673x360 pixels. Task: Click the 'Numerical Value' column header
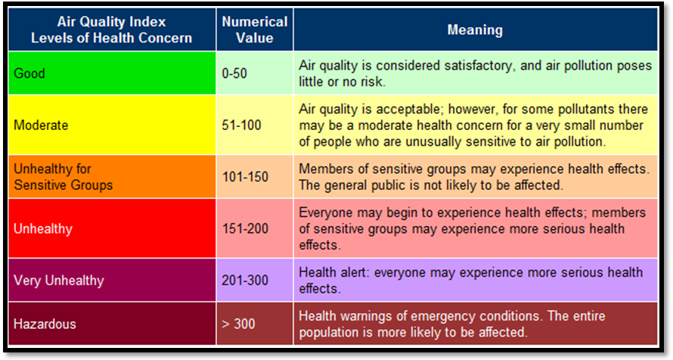pos(255,29)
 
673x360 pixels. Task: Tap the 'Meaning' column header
pos(475,29)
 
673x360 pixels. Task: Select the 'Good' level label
pos(29,73)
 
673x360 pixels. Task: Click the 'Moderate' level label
pos(41,125)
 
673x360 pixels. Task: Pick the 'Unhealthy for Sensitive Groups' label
pos(63,177)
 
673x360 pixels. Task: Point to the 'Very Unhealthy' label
pos(59,280)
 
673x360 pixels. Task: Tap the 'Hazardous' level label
pos(45,324)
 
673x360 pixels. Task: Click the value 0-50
pos(234,73)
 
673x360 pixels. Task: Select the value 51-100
pos(241,125)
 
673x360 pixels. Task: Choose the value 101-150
pos(245,177)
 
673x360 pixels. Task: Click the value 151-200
pos(245,228)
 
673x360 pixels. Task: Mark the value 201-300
pos(245,280)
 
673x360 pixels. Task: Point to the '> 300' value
pos(238,324)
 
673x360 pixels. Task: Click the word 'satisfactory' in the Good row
pos(478,65)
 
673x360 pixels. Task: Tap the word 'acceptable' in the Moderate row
pos(408,109)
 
